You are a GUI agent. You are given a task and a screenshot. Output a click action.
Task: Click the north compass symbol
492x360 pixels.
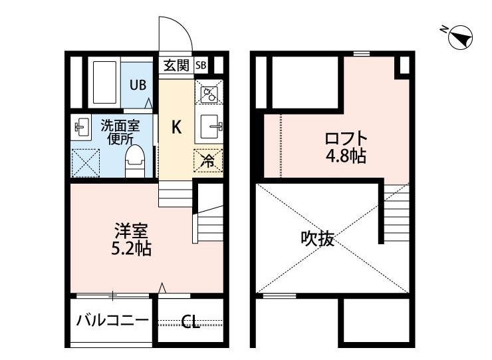point(460,37)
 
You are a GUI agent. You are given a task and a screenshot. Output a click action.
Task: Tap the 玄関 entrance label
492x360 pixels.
point(177,66)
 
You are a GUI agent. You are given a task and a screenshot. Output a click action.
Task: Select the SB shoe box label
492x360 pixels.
point(201,65)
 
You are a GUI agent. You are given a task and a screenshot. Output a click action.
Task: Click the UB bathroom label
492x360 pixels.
point(138,85)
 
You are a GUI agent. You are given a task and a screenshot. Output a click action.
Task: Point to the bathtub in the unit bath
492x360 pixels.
point(105,83)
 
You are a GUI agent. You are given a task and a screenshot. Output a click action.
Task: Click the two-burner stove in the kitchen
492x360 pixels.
point(209,92)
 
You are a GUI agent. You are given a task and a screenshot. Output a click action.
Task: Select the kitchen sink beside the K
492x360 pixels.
point(209,126)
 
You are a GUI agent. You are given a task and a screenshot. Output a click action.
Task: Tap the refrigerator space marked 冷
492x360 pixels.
point(208,161)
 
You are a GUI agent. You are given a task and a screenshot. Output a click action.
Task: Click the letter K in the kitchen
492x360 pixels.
point(177,127)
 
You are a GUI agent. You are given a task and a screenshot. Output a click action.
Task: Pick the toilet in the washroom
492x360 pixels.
point(135,161)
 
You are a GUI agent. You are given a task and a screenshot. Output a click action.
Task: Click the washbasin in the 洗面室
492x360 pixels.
point(81,127)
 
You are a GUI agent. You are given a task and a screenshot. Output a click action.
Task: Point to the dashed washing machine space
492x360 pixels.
point(85,163)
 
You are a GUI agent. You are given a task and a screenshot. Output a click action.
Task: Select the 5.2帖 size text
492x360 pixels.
point(132,248)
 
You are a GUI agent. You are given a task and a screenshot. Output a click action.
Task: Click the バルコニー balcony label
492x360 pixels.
point(112,320)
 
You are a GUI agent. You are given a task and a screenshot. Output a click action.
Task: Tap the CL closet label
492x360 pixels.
point(190,321)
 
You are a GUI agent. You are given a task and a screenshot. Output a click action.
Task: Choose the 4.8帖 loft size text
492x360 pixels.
point(346,156)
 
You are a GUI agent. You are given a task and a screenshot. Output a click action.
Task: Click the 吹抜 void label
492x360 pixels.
point(317,238)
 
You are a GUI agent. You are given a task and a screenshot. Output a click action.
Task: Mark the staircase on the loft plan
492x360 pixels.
point(397,213)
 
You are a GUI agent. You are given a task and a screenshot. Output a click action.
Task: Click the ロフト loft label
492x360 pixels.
point(346,138)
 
